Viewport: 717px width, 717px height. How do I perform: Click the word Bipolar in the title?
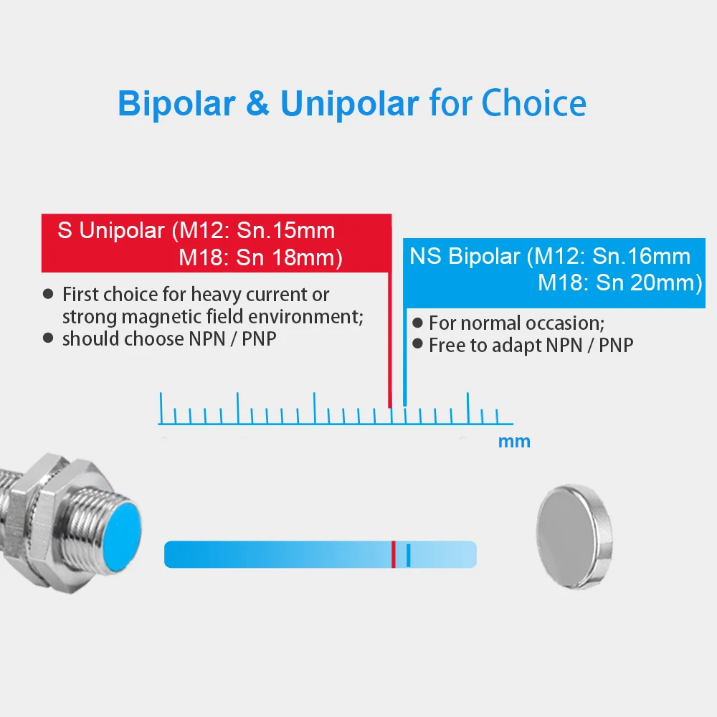point(176,104)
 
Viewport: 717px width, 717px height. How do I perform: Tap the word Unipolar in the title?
point(349,104)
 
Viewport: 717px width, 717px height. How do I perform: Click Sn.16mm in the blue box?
point(641,256)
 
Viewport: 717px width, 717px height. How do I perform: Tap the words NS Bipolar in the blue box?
point(465,256)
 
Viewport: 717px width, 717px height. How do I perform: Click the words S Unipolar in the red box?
point(110,230)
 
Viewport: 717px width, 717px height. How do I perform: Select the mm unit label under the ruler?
point(514,442)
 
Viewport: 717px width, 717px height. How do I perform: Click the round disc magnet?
point(574,536)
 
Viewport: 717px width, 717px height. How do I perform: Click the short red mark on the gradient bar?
point(393,554)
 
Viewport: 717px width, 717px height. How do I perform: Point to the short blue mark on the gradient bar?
point(409,555)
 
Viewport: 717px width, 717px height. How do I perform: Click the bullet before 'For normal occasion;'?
point(417,323)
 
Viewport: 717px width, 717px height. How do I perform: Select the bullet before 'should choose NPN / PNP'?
point(47,338)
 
